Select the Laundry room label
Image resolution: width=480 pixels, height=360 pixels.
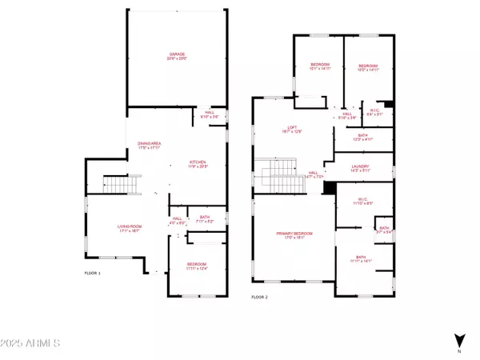[x=362, y=169]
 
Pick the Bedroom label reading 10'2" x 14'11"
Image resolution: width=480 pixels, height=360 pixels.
[x=367, y=67]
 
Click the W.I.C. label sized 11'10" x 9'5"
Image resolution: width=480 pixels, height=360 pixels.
[x=363, y=202]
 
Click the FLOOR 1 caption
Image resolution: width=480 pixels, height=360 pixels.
[x=93, y=274]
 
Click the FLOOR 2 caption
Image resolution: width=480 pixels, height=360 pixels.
[x=259, y=297]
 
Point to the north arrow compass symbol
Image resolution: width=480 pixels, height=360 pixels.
[x=458, y=342]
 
